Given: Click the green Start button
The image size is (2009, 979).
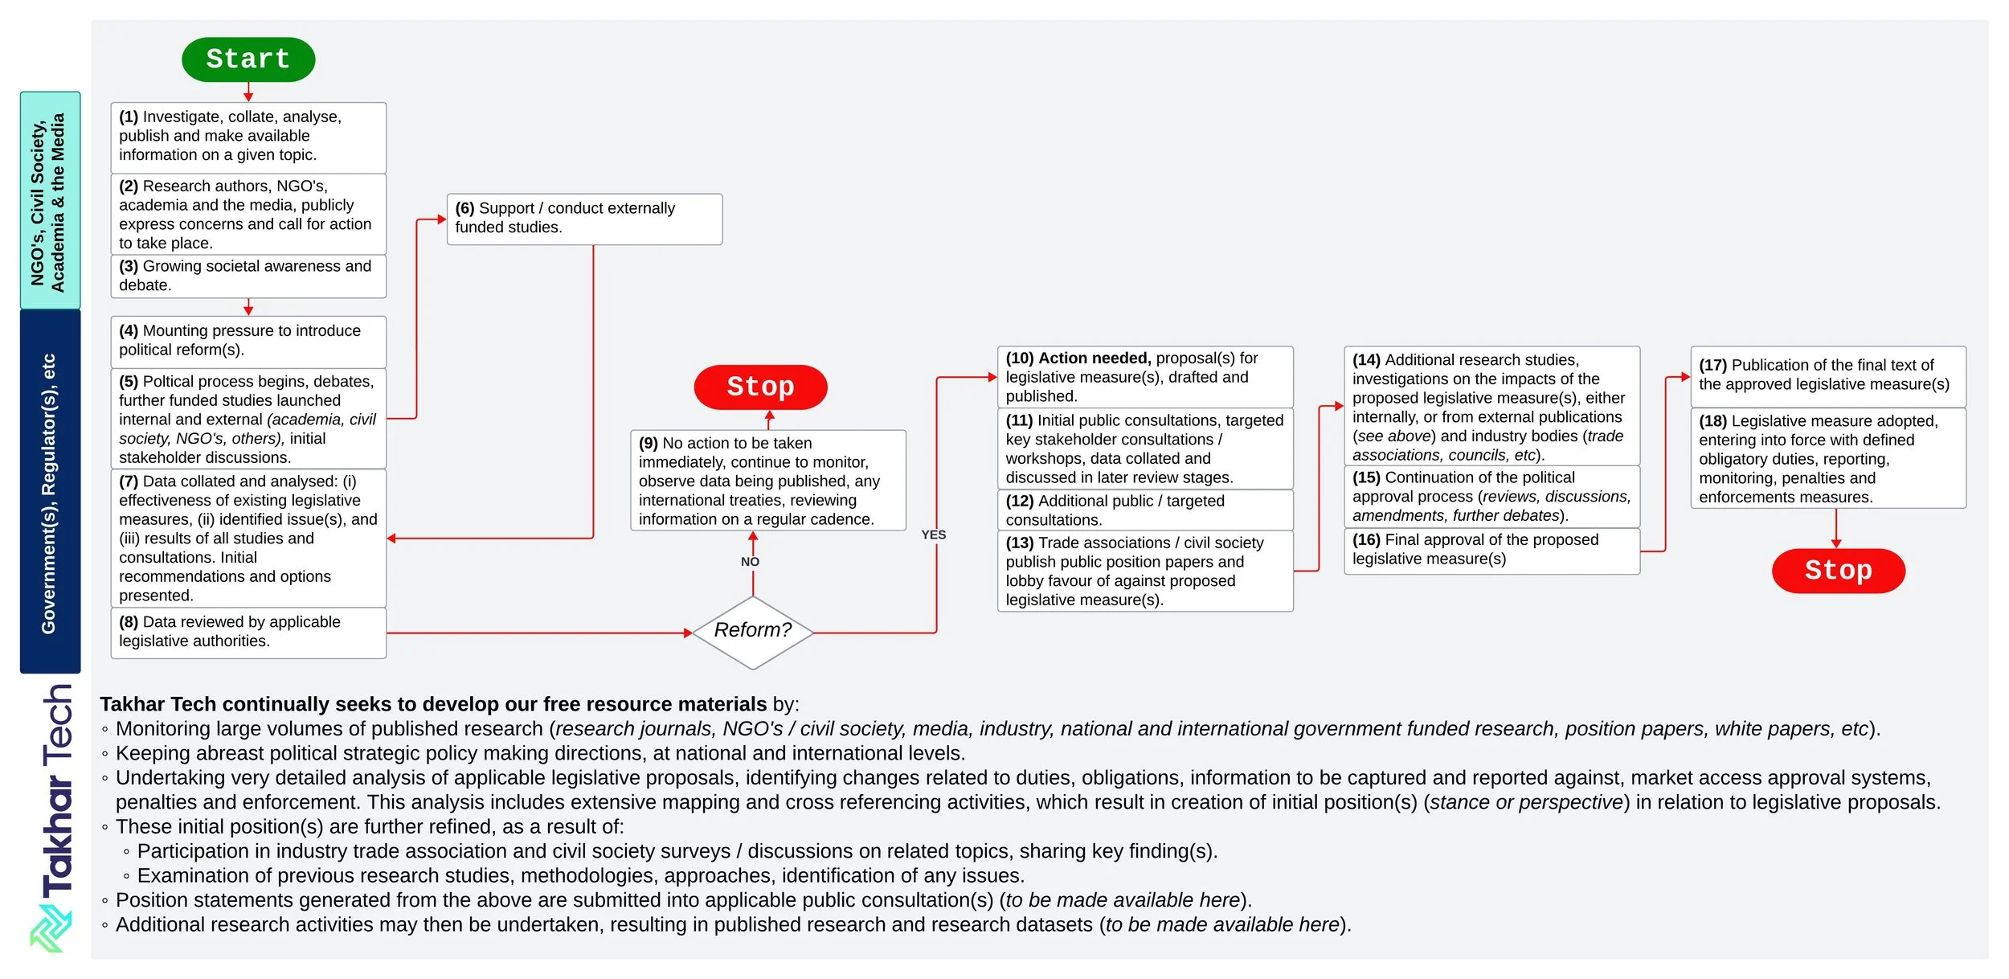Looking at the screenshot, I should (248, 59).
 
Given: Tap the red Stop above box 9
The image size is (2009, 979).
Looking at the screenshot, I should (760, 387).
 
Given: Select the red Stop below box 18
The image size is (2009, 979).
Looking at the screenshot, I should (1838, 571).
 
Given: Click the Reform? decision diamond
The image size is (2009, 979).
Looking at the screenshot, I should (753, 631).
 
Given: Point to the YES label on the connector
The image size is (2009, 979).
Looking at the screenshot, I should (933, 535).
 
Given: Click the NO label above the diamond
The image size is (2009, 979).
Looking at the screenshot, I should (750, 562).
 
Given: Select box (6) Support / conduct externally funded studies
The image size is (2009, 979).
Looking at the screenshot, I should (584, 219).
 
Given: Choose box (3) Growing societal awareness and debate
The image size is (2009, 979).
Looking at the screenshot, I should (248, 276).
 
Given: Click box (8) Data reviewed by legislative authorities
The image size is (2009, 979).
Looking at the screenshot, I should (248, 632).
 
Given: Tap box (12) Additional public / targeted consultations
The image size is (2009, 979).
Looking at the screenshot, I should (1144, 510).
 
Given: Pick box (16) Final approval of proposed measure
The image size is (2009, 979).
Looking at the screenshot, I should (1491, 550).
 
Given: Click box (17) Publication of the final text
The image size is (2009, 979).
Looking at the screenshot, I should (1827, 375).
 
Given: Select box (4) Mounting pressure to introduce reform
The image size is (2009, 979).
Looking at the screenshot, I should (248, 341).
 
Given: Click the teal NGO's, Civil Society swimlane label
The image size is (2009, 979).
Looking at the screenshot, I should (50, 200).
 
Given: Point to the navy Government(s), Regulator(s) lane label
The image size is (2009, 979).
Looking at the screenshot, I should (50, 492).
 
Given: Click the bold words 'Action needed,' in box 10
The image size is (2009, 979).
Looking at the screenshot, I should (1095, 358).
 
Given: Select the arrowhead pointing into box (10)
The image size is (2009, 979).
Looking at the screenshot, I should (992, 377).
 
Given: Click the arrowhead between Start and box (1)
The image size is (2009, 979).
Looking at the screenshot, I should (248, 96).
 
